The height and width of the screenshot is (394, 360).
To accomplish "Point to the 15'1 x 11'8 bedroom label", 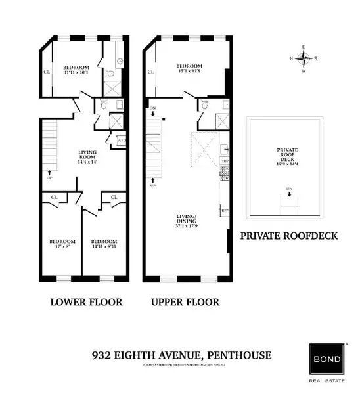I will pos(189,68).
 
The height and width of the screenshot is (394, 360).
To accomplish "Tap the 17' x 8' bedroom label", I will pos(62,244).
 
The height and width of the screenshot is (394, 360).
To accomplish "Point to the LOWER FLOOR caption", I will pos(78,303).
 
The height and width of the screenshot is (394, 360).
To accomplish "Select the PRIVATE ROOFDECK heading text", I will pos(289,235).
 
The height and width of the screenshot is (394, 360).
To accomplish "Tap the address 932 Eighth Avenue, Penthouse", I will pos(181,355).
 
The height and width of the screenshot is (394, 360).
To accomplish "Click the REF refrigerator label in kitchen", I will pos(224,211).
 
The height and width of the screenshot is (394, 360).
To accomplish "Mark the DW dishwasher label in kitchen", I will pos(224,160).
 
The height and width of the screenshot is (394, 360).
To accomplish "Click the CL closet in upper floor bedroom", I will pos(150,72).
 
